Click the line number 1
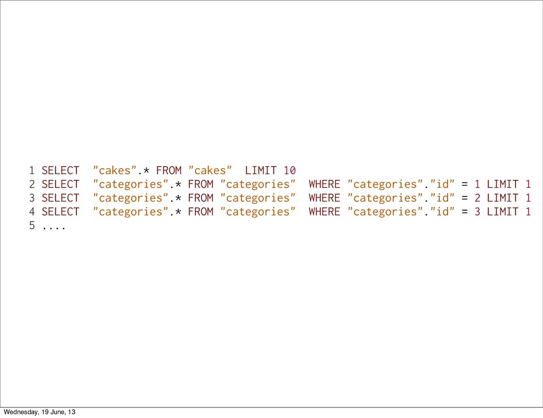tap(32, 171)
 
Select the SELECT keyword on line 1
tap(60, 171)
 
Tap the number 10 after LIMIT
tap(290, 171)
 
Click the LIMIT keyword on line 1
tap(261, 171)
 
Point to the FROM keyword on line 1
tap(169, 171)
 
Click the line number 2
tap(32, 185)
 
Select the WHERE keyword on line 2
tap(325, 185)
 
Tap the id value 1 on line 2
tap(477, 185)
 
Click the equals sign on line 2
tap(465, 185)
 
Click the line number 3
tap(32, 198)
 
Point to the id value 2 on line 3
tap(477, 198)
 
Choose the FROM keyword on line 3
tap(200, 198)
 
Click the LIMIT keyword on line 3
tap(503, 198)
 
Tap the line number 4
tap(32, 212)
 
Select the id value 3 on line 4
tap(477, 212)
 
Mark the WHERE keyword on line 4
tap(325, 212)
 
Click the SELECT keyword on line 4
tap(60, 212)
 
